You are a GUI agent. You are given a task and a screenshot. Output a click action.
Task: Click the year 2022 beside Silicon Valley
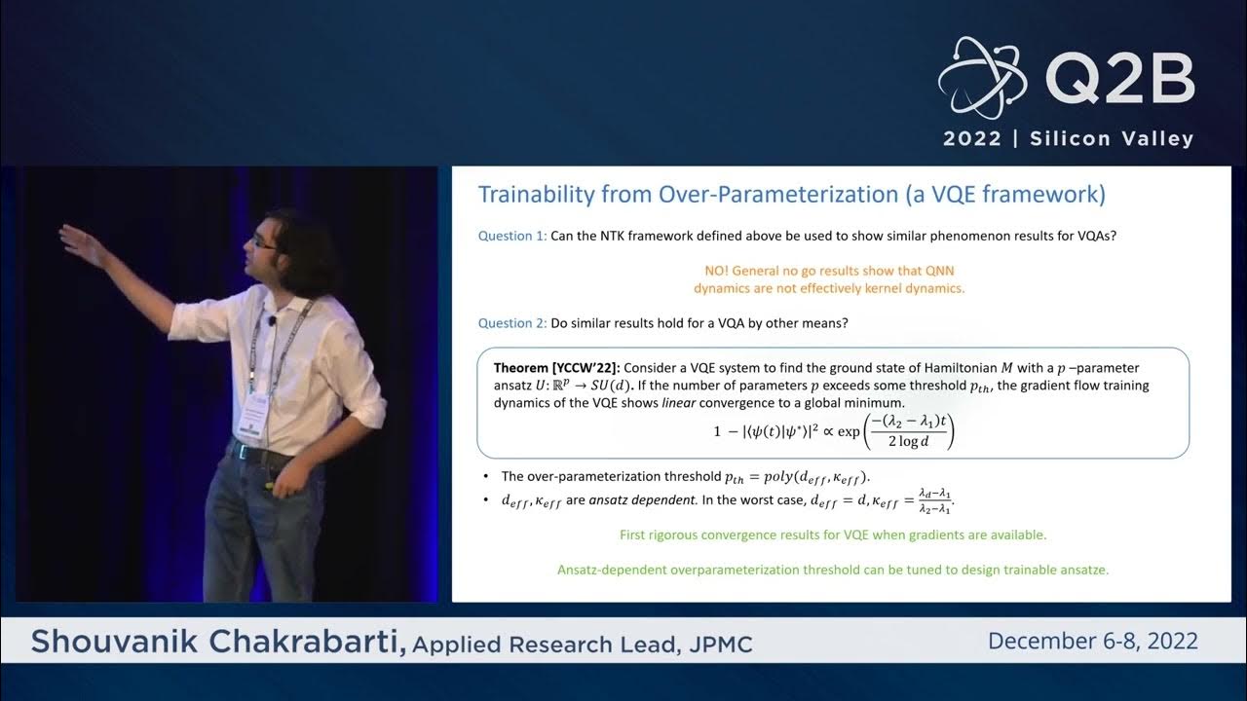(971, 138)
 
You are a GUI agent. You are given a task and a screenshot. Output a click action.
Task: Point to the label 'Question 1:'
(512, 236)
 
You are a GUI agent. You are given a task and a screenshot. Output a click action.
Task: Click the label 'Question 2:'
(512, 323)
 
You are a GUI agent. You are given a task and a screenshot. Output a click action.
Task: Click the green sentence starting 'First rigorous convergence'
(833, 535)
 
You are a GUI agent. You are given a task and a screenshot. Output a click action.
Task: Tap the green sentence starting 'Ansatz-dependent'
(833, 570)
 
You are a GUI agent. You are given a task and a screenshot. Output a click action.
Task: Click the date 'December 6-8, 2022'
(1092, 641)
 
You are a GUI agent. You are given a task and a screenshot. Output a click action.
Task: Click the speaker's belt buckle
(237, 452)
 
